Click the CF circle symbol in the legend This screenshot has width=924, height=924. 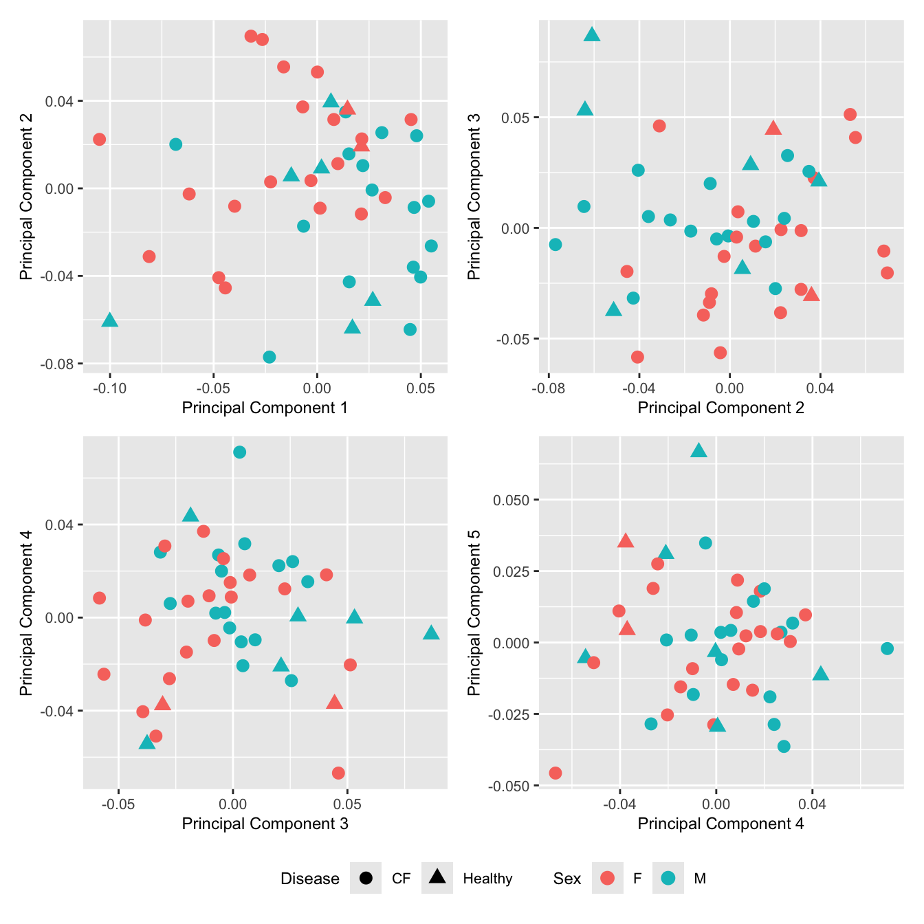[x=366, y=878]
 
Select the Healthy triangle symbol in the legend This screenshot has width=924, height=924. [x=437, y=877]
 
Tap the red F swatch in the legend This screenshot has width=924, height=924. [x=607, y=878]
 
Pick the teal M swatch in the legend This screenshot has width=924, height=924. [x=668, y=878]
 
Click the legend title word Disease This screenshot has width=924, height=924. [x=309, y=879]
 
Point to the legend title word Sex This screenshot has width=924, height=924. [x=566, y=879]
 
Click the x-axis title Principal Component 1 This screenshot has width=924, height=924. [x=265, y=408]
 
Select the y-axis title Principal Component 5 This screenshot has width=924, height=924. [x=474, y=612]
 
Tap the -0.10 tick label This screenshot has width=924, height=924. [x=110, y=388]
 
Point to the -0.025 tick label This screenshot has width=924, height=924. [x=508, y=714]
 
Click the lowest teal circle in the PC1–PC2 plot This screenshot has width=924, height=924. [x=269, y=357]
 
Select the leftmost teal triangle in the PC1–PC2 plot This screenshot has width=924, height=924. [x=110, y=320]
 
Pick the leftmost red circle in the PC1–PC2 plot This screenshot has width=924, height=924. [x=100, y=139]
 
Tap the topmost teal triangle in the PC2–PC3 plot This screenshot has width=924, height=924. [x=592, y=35]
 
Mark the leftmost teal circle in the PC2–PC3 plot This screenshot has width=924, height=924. [x=555, y=244]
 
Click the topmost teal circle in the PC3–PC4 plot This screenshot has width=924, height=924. [x=239, y=452]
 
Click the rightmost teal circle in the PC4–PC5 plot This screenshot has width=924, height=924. [x=887, y=648]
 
